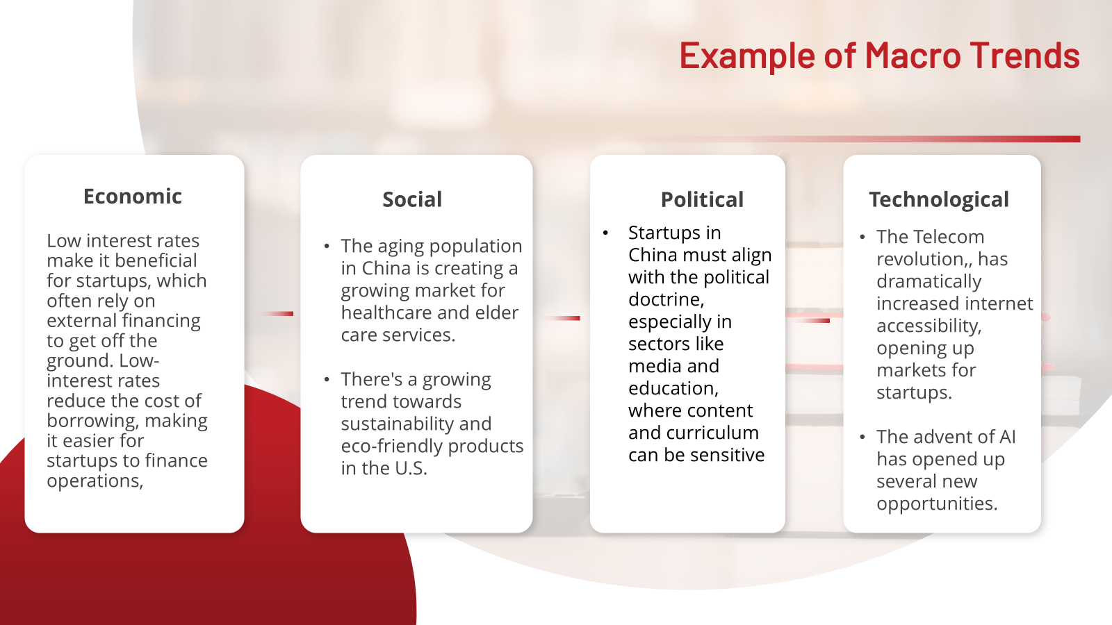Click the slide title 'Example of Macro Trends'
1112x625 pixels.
(879, 56)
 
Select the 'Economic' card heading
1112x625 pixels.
(133, 197)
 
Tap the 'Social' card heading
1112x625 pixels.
(412, 199)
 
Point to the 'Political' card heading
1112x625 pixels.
(702, 199)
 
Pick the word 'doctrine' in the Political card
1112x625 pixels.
(664, 299)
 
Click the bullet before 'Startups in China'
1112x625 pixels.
(605, 233)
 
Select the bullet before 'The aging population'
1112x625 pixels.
(326, 246)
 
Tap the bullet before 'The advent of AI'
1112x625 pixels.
(862, 437)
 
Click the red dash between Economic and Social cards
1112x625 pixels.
(275, 313)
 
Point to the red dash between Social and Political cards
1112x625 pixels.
(562, 318)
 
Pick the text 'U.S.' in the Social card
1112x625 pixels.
(409, 469)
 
